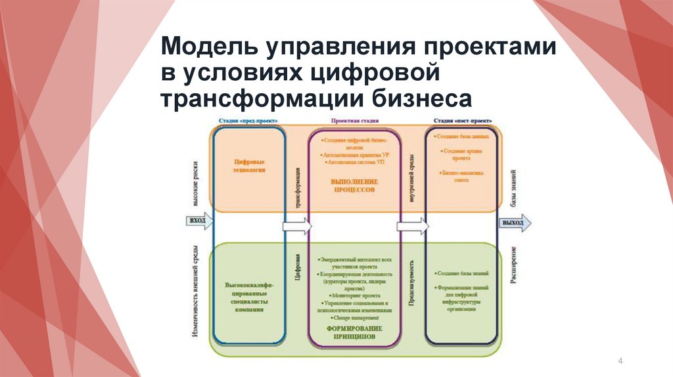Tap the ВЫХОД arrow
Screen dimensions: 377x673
(513, 223)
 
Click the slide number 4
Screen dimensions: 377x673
(621, 361)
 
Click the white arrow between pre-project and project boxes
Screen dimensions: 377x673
(297, 227)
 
